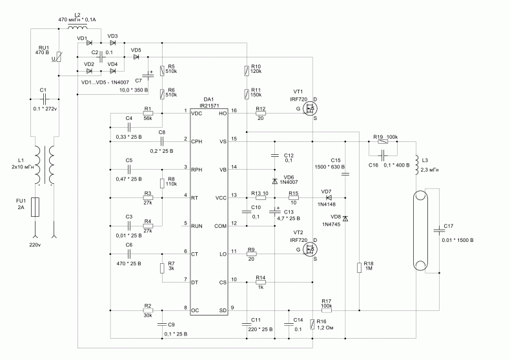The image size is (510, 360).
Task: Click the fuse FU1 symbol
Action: pyautogui.click(x=35, y=206)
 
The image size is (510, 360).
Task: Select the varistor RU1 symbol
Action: pyautogui.click(x=59, y=57)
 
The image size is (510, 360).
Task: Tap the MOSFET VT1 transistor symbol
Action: pyautogui.click(x=310, y=108)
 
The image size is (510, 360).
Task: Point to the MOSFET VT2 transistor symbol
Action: pyautogui.click(x=310, y=249)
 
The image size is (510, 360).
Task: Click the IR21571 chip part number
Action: pyautogui.click(x=209, y=106)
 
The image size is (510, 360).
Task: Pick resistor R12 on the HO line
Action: pyautogui.click(x=261, y=114)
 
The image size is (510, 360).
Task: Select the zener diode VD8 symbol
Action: pyautogui.click(x=345, y=218)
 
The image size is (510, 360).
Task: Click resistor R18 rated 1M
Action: pyautogui.click(x=359, y=268)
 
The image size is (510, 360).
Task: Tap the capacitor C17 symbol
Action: pyautogui.click(x=439, y=231)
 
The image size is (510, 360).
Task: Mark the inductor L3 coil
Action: pyautogui.click(x=417, y=166)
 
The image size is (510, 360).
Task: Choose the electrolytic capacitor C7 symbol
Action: pyautogui.click(x=148, y=75)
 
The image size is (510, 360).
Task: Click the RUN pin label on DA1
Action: pyautogui.click(x=196, y=226)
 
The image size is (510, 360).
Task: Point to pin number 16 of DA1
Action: pyautogui.click(x=234, y=110)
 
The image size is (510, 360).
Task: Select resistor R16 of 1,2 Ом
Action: pyautogui.click(x=312, y=325)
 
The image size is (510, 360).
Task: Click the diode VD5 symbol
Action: pyautogui.click(x=136, y=57)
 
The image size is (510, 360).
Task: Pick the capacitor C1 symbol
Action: pyautogui.click(x=45, y=99)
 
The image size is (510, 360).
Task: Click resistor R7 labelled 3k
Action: pyautogui.click(x=162, y=268)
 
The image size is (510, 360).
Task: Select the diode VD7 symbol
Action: pyautogui.click(x=329, y=197)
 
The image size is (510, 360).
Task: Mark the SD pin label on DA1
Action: pyautogui.click(x=223, y=310)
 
